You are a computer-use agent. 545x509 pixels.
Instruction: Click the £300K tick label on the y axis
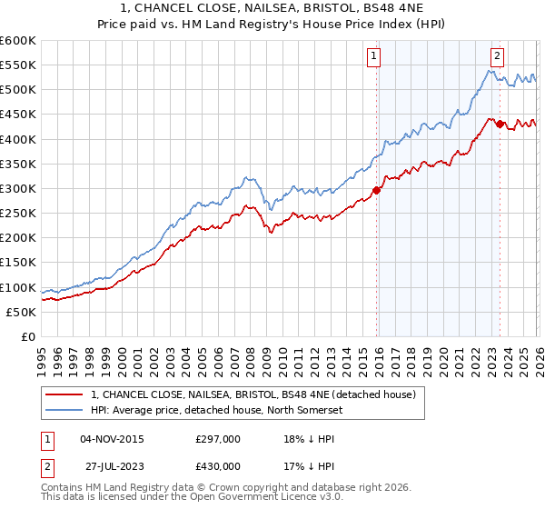point(18,188)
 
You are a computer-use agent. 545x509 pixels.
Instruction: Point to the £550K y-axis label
point(18,65)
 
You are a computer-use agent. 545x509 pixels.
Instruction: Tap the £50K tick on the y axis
point(22,312)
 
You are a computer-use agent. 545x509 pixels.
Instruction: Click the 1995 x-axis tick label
point(41,354)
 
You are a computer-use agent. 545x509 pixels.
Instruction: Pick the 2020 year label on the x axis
point(441,354)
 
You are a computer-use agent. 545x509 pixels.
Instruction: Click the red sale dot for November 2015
point(376,190)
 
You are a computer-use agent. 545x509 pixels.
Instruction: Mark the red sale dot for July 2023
point(500,124)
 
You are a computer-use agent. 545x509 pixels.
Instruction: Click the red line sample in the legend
point(64,394)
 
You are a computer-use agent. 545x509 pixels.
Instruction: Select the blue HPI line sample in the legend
point(64,411)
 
